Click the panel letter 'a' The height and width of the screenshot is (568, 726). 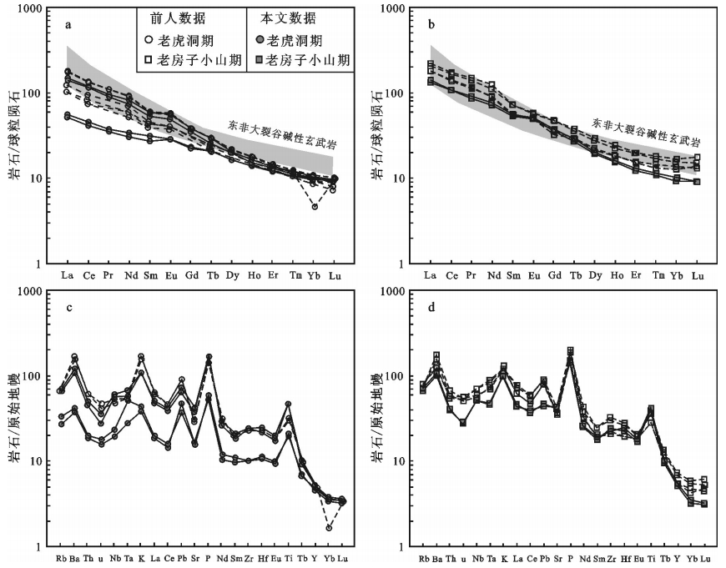point(68,24)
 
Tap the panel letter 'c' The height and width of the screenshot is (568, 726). point(68,307)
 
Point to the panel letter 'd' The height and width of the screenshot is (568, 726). point(431,307)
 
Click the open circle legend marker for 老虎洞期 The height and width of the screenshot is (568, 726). point(148,39)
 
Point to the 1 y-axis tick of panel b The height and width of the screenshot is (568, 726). point(405,264)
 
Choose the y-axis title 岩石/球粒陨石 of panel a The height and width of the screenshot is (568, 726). point(15,136)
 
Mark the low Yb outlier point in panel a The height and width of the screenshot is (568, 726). point(315,206)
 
